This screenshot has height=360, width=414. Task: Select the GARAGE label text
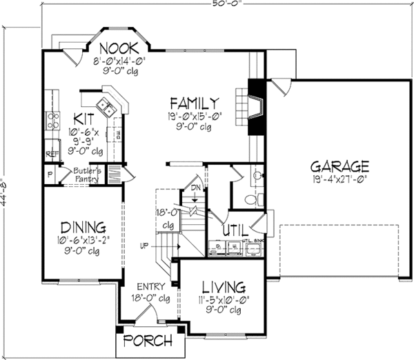click(x=339, y=166)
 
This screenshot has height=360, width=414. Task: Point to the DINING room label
click(x=82, y=227)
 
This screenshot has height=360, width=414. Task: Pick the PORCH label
click(x=146, y=341)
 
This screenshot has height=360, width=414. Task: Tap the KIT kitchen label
click(x=83, y=118)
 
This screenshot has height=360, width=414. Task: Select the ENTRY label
click(x=149, y=287)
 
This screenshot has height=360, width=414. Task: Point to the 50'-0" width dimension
click(x=208, y=5)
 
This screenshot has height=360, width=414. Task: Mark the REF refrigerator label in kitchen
click(x=52, y=154)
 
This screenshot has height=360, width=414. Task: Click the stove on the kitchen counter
click(x=52, y=122)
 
